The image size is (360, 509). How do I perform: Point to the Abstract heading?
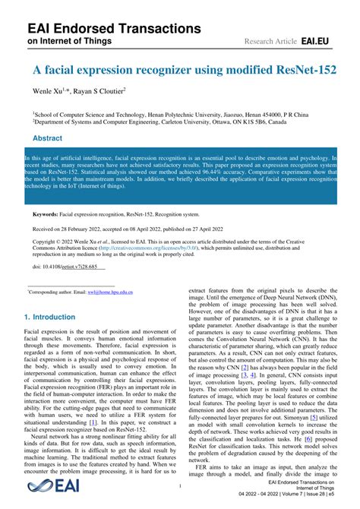point(48,138)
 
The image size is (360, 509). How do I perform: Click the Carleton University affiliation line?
point(156,119)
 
